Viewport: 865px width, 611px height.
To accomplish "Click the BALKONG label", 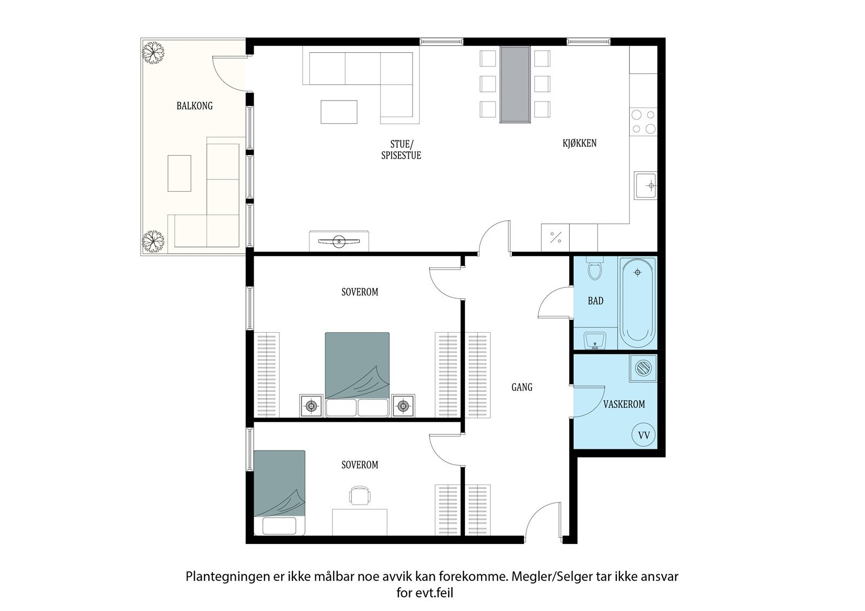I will point(195,106).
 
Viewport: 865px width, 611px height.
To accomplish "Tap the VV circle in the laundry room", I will point(643,435).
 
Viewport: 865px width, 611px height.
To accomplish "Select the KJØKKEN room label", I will point(580,143).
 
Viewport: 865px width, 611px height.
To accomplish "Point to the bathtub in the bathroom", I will point(637,303).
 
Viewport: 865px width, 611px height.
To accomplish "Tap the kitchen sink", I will point(646,186).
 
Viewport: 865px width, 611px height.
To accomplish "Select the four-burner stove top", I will point(643,122).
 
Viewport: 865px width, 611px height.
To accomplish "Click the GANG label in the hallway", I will point(522,387).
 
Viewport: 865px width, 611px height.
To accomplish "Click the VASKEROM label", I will point(624,404).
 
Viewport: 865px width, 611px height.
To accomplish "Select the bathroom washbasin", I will point(596,340).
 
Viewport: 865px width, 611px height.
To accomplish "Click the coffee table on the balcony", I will point(179,173).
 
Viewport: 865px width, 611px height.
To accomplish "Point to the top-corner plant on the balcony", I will point(154,52).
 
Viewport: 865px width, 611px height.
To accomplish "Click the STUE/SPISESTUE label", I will point(401,149).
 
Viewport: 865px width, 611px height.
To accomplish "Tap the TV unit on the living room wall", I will point(339,241).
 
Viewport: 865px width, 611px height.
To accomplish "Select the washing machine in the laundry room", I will point(643,368).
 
